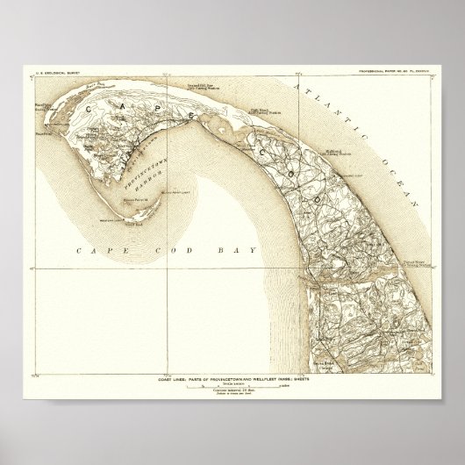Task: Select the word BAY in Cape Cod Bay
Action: pyautogui.click(x=239, y=250)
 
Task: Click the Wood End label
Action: pyautogui.click(x=135, y=223)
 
